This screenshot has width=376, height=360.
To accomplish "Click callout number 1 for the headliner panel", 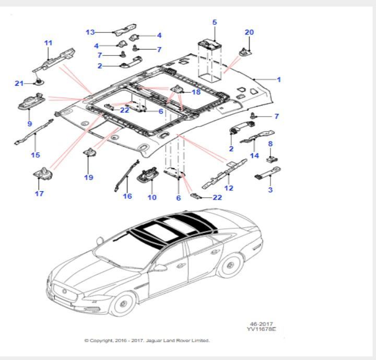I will click(279, 80).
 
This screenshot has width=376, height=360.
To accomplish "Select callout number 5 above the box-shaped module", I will click(214, 22).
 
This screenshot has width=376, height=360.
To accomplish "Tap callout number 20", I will click(249, 32).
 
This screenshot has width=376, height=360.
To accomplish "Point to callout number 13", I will click(90, 32).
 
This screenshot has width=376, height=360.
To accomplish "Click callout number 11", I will click(49, 42).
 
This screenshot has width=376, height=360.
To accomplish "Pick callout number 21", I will click(19, 83).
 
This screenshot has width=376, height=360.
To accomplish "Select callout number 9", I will click(29, 124).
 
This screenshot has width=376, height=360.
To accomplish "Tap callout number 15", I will click(36, 155).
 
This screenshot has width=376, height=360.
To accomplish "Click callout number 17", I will click(39, 194).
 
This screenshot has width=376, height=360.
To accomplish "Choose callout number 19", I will click(89, 177).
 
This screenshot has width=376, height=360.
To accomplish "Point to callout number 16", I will click(127, 196).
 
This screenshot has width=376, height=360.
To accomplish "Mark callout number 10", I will click(152, 197).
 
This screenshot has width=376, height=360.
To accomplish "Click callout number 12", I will click(229, 188).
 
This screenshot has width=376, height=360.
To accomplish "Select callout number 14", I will click(254, 155).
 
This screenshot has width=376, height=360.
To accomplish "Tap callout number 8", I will click(270, 143).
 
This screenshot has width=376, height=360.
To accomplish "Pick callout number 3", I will click(270, 190).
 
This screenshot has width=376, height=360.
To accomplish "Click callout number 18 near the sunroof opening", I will click(196, 92).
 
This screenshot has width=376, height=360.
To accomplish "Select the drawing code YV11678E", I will click(262, 330).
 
